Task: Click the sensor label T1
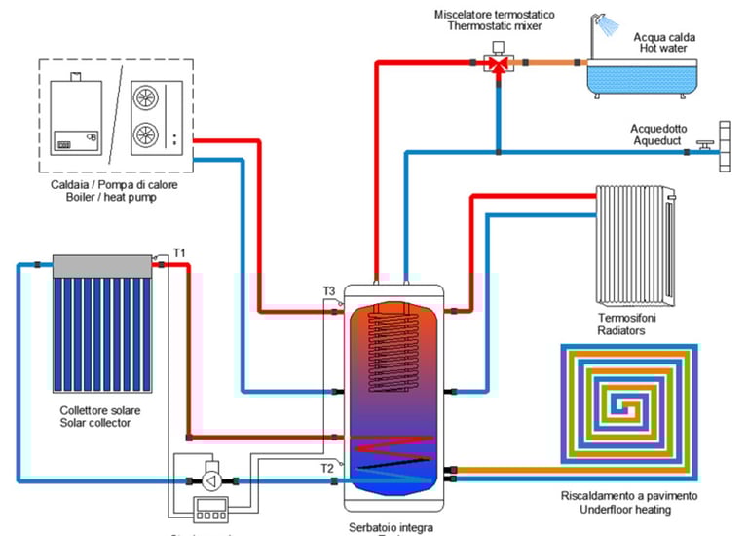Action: click(179, 253)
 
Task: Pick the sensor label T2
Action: click(328, 468)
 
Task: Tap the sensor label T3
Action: click(329, 290)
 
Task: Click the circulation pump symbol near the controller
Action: click(212, 480)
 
